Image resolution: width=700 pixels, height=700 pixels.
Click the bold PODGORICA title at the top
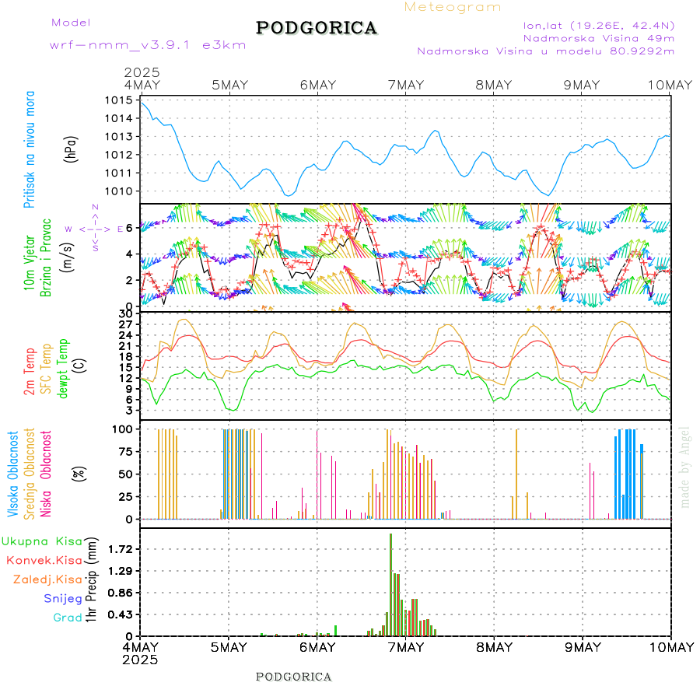click(317, 28)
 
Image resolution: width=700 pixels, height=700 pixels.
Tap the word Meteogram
click(453, 7)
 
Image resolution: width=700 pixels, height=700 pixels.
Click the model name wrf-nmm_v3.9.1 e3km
click(148, 45)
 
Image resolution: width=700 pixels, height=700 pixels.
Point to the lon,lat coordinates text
click(599, 25)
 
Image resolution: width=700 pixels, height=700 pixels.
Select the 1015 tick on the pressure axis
click(121, 100)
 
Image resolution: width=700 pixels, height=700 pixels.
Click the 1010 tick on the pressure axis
click(121, 191)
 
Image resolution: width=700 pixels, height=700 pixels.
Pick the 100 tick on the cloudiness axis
click(124, 429)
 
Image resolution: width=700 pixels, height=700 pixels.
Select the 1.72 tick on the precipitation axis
click(120, 549)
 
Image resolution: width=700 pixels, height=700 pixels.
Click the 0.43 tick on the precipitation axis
click(120, 614)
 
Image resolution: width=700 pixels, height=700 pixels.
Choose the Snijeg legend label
click(67, 599)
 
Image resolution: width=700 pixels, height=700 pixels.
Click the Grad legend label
click(68, 618)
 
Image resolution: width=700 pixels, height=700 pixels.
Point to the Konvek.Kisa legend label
click(44, 560)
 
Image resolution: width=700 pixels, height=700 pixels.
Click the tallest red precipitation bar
click(390, 583)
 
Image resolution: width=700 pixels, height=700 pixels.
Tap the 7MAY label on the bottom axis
click(404, 647)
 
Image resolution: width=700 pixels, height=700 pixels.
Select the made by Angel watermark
click(685, 467)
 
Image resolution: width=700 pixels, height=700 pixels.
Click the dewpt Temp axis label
click(63, 369)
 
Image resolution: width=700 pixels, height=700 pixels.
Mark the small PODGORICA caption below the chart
click(294, 677)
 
